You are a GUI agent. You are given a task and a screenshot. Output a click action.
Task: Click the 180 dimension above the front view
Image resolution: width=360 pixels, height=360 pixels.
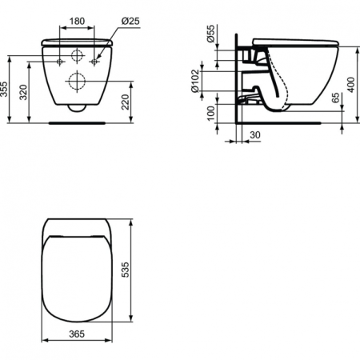tap(78, 22)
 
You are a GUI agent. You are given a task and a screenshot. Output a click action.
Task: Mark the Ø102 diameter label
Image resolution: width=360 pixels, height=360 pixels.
tap(194, 80)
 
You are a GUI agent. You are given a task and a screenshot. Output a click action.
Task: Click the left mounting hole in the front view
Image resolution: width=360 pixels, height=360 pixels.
tap(62, 60)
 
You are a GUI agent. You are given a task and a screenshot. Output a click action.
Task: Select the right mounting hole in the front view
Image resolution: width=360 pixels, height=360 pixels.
tap(94, 60)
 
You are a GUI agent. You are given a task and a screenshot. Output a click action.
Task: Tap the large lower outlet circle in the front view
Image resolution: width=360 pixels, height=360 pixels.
tap(78, 80)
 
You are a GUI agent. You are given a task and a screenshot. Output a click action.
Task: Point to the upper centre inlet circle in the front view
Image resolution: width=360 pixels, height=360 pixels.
tap(78, 56)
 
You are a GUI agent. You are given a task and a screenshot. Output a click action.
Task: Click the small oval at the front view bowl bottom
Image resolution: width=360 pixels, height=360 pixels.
tap(77, 106)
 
